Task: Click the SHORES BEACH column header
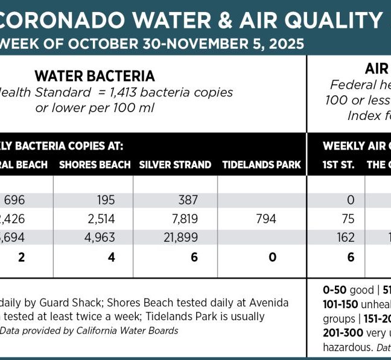pyautogui.click(x=95, y=165)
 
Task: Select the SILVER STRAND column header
pyautogui.click(x=175, y=165)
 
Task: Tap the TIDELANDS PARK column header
pyautogui.click(x=261, y=165)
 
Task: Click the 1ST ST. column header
pyautogui.click(x=339, y=165)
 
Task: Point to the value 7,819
pyautogui.click(x=183, y=218)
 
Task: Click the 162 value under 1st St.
pyautogui.click(x=346, y=237)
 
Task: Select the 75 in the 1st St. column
pyautogui.click(x=347, y=218)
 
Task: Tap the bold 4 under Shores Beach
pyautogui.click(x=110, y=257)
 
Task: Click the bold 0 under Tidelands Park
pyautogui.click(x=273, y=257)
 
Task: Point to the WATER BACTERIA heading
pyautogui.click(x=95, y=77)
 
